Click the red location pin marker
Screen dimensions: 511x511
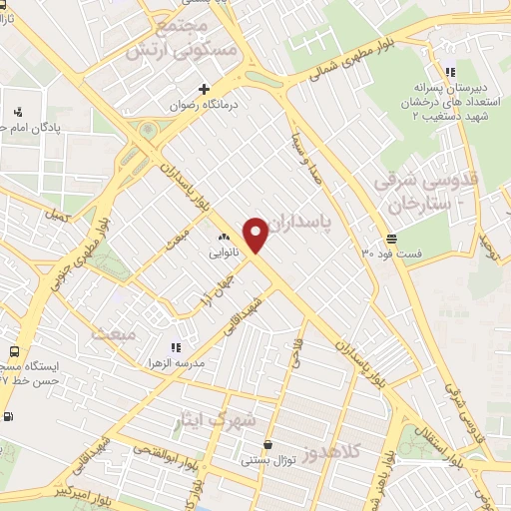[256, 234]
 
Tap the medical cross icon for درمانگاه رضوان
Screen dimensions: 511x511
[205, 89]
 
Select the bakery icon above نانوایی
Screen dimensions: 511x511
[225, 238]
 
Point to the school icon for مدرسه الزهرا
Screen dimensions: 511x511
[176, 347]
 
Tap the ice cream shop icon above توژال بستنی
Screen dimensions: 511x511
[267, 445]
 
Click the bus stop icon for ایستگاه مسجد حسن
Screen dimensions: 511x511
[14, 351]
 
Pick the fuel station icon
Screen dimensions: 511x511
[9, 417]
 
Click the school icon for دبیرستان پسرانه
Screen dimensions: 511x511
[450, 72]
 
